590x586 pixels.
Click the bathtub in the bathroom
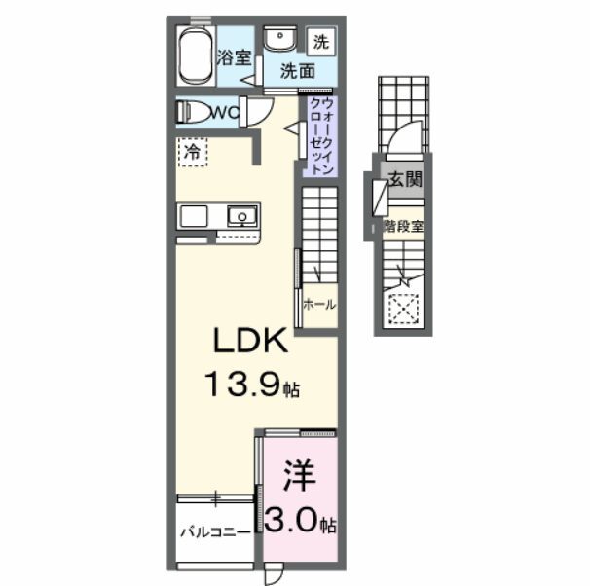(196, 56)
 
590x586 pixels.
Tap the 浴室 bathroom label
(232, 58)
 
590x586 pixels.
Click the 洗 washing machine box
(321, 41)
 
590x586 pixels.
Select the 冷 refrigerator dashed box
(193, 152)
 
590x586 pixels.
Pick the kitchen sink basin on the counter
(240, 215)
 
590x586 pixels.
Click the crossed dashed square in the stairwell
(402, 309)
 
